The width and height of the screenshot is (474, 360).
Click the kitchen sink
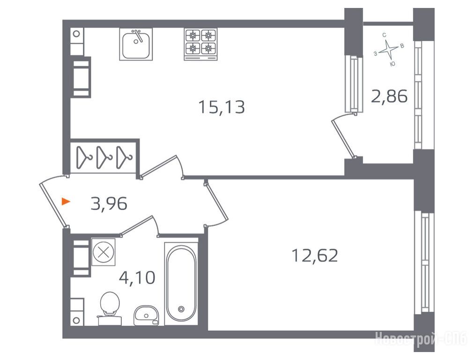coord(136,44)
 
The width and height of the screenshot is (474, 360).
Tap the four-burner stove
coord(200,45)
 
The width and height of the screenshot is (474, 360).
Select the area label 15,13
coord(222,107)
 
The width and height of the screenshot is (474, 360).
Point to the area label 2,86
coord(389,97)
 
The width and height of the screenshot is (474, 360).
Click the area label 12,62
coord(314,255)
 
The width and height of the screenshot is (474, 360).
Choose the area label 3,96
coord(109,203)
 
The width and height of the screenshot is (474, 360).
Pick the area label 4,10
coord(137,277)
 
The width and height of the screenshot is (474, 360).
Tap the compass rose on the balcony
coord(388,50)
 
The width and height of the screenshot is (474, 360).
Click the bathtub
coord(181,284)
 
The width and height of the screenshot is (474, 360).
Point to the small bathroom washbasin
coord(146,315)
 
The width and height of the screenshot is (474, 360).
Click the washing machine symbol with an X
coord(104,252)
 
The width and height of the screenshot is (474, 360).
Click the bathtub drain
coord(181,309)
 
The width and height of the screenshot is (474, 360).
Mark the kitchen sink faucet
coord(139,36)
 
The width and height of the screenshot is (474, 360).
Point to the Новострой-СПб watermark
coord(421,338)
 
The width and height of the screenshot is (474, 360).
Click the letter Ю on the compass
coord(393,64)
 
